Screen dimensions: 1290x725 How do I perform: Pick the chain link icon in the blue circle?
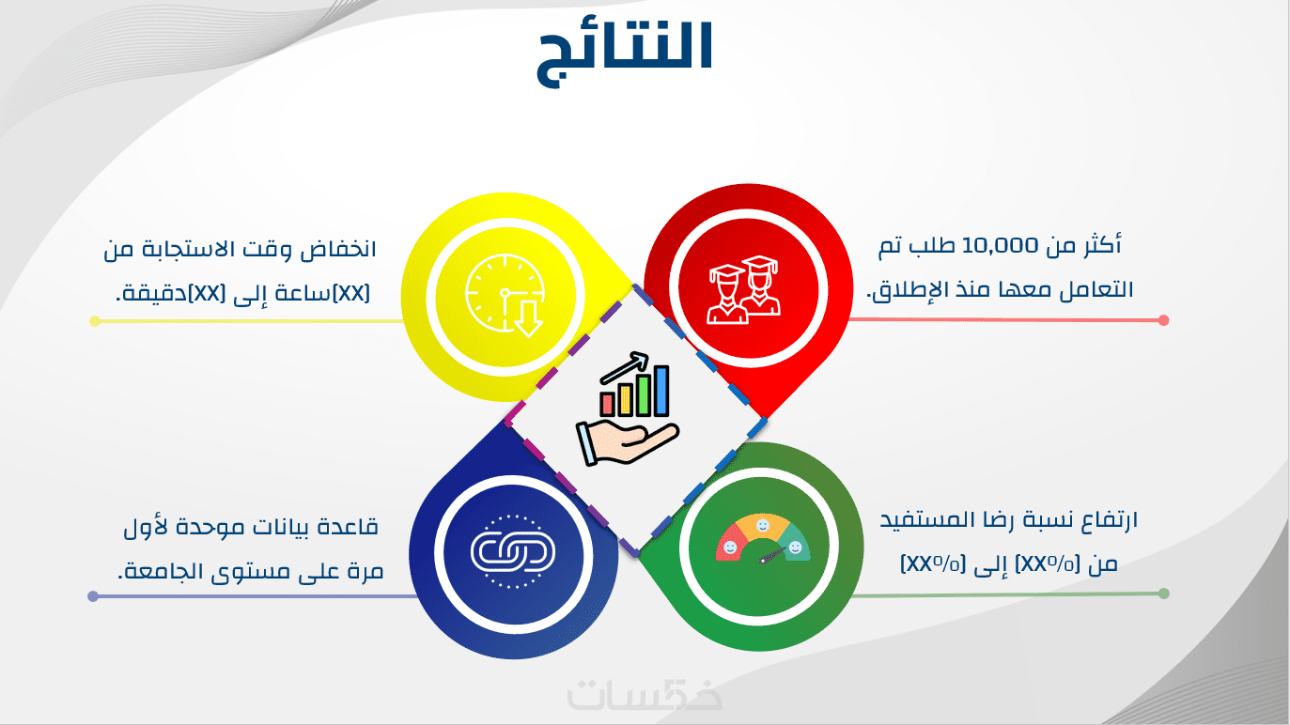(513, 552)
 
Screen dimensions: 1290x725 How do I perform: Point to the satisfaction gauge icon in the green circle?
(763, 539)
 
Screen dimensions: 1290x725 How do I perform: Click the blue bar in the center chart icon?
(661, 391)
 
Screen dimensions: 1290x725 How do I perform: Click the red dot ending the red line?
(1163, 320)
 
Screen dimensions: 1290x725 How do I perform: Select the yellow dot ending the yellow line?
(95, 321)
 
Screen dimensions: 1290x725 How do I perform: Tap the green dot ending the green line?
(1163, 594)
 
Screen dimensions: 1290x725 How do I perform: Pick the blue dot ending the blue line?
(93, 596)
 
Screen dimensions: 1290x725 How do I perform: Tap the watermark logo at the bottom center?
(645, 695)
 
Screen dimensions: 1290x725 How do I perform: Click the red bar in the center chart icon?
(607, 404)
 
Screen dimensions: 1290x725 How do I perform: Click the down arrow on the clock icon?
(528, 319)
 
